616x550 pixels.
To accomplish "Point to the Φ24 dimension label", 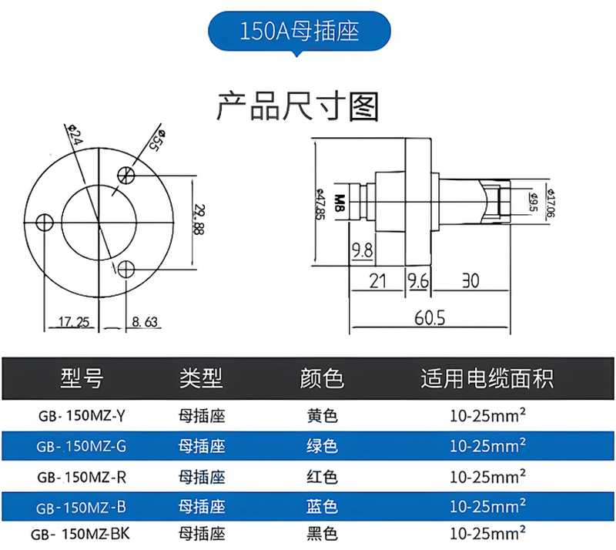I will pos(75,136).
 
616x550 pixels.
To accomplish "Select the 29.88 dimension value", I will pos(199,220).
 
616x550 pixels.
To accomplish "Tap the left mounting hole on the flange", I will pos(45,223).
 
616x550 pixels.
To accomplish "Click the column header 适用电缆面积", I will pos(487,378).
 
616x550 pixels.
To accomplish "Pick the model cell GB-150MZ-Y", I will pos(81,417).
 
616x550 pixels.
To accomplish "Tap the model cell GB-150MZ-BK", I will pos(81,533).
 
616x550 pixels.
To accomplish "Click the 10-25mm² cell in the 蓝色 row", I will pos(487,506).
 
